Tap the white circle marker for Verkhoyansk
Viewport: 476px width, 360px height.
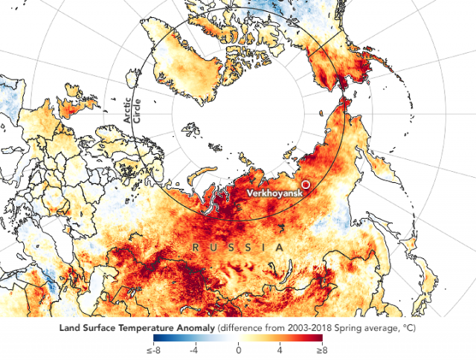tap(305, 184)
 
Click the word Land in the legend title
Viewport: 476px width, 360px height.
tap(67, 327)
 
